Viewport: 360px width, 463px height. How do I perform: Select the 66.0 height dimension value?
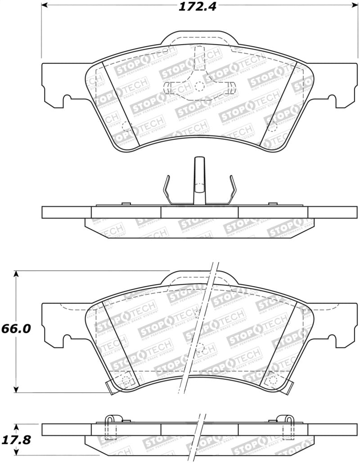(17, 329)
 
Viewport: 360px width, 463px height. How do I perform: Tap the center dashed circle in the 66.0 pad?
(200, 347)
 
